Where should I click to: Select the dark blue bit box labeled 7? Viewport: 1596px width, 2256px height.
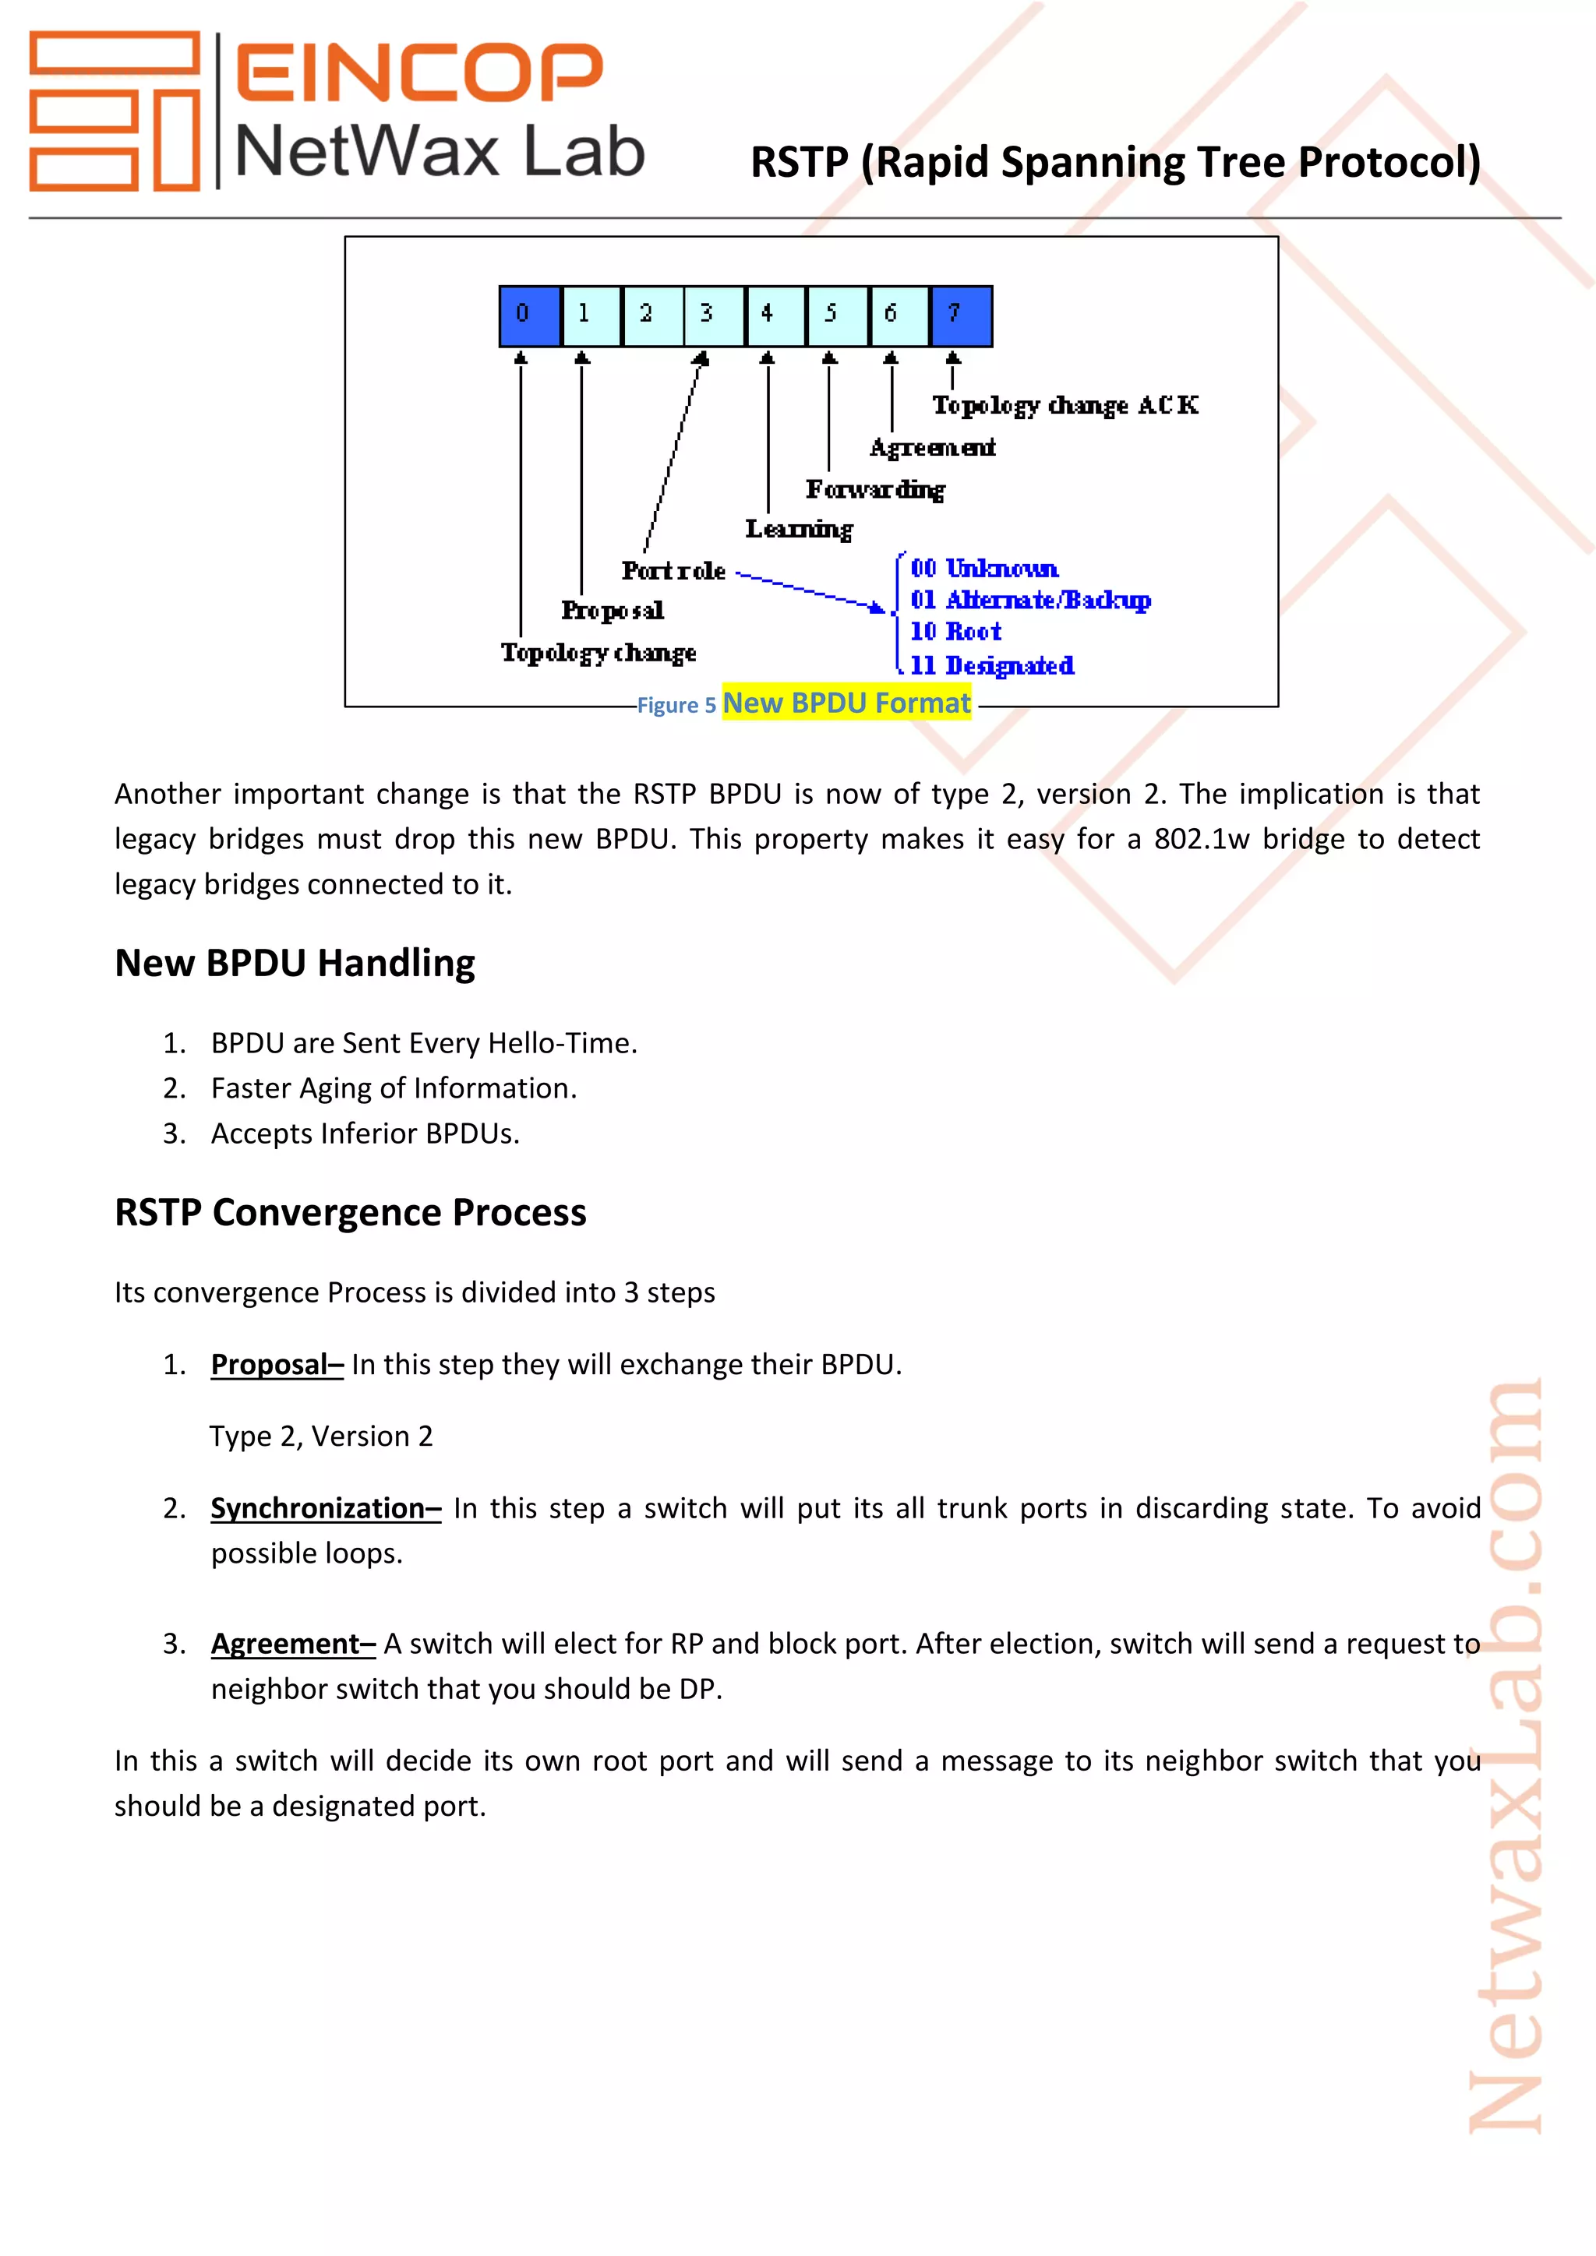pos(960,316)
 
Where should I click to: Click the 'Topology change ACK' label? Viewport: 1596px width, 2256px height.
pos(1065,406)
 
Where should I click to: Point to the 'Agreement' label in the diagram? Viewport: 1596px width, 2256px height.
pos(932,448)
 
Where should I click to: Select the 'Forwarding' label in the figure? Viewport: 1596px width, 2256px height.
pos(874,489)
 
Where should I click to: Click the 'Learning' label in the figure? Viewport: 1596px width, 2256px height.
pos(798,530)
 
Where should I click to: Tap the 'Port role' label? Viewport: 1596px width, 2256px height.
pos(673,571)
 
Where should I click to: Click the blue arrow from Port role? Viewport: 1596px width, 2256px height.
pos(810,590)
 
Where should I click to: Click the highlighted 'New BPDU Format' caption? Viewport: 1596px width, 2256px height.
pos(846,703)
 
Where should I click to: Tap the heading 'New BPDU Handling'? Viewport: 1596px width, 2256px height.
pos(295,963)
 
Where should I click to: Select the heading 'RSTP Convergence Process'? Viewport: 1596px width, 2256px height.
pos(350,1212)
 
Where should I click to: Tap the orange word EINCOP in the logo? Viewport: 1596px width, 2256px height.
pos(418,72)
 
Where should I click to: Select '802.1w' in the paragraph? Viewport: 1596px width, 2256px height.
pos(1201,839)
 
